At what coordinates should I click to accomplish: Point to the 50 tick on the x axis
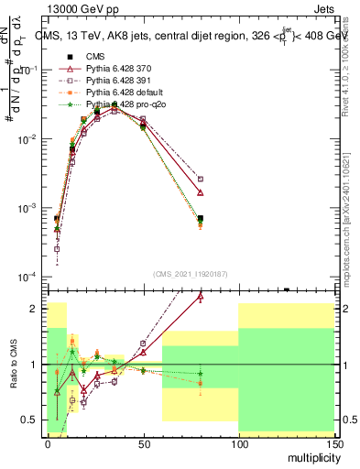click(143, 442)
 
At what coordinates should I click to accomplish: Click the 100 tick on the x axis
click(238, 442)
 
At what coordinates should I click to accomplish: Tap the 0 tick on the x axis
click(48, 442)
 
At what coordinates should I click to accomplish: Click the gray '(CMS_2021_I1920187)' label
click(191, 273)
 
